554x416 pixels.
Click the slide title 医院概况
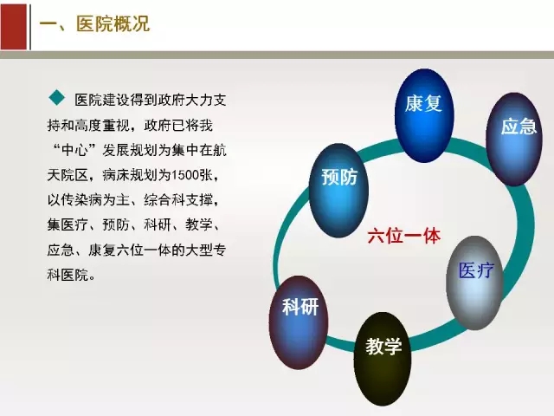(x=113, y=24)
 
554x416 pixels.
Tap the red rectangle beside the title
(x=14, y=27)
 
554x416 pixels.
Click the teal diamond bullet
(x=57, y=98)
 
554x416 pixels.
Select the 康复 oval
(x=423, y=115)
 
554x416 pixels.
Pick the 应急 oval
(x=514, y=139)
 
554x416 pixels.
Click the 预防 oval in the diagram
(x=338, y=191)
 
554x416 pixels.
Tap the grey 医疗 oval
(x=474, y=283)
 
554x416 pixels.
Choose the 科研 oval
(x=299, y=322)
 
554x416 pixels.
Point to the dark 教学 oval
(x=383, y=359)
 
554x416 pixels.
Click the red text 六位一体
(x=404, y=237)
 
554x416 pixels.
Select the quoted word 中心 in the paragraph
(x=75, y=150)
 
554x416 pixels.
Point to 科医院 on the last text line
(x=68, y=275)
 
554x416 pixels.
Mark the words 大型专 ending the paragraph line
(x=206, y=250)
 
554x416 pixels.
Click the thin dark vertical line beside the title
(x=30, y=27)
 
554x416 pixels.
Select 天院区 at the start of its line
(x=68, y=175)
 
